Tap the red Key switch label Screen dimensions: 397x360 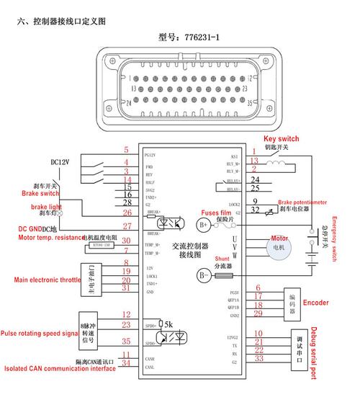click(x=281, y=138)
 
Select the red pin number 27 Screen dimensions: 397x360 click(x=127, y=226)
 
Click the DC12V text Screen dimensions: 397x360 click(x=60, y=162)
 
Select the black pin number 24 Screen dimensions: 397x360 click(x=254, y=179)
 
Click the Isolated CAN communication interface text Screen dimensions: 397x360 click(x=58, y=369)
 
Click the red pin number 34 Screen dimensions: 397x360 click(x=127, y=364)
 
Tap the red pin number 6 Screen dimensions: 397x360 click(x=257, y=288)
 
